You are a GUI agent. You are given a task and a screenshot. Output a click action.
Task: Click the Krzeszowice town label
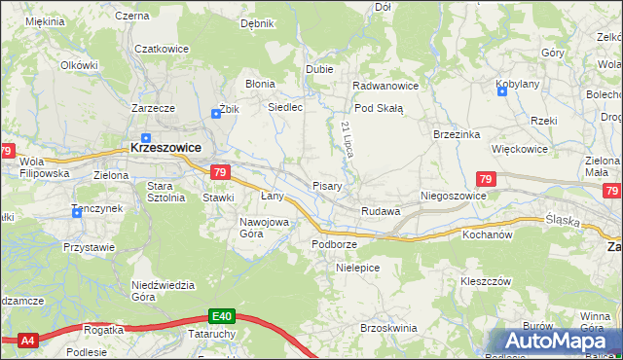pos(166,148)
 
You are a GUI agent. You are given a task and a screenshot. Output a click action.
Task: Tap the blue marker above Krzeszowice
pos(146,137)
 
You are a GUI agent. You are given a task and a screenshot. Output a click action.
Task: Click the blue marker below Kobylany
pos(501,93)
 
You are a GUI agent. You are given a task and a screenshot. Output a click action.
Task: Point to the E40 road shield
pos(222,316)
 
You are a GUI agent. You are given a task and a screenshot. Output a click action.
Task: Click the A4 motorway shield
pos(27,340)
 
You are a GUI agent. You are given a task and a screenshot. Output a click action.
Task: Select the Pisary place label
pos(325,186)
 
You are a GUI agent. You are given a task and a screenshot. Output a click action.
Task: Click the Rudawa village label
pos(381,211)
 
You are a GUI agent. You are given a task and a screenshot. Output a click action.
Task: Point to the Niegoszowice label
pos(453,196)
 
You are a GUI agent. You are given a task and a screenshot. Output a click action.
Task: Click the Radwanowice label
pos(385,85)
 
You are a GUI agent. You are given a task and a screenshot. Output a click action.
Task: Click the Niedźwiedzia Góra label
pos(157,291)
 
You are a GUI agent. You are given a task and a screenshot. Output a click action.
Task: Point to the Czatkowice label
pos(161,49)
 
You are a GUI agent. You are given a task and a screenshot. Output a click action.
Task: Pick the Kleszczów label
pos(486,281)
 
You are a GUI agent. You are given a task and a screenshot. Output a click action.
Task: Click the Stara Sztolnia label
pos(165,191)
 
